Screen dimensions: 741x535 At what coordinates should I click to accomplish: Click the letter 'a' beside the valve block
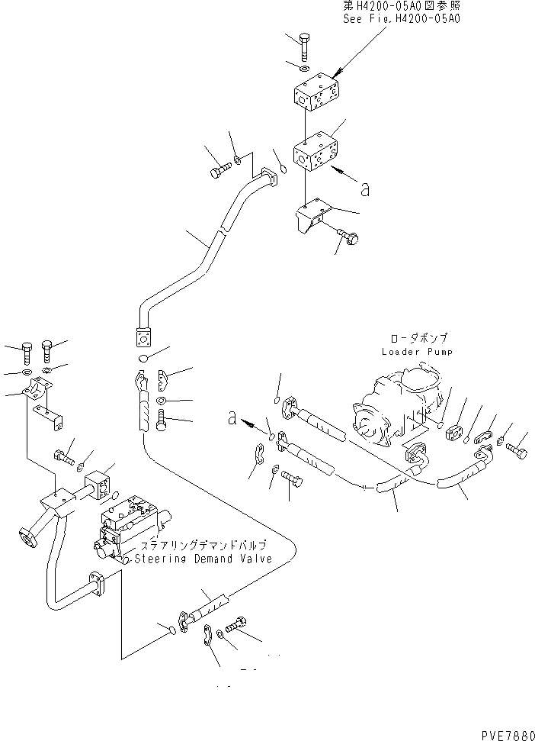[365, 188]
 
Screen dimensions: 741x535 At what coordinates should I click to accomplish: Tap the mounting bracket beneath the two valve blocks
[309, 220]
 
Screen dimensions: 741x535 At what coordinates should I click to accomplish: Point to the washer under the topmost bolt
[303, 69]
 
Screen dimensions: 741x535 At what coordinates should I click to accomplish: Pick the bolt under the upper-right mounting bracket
[349, 238]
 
